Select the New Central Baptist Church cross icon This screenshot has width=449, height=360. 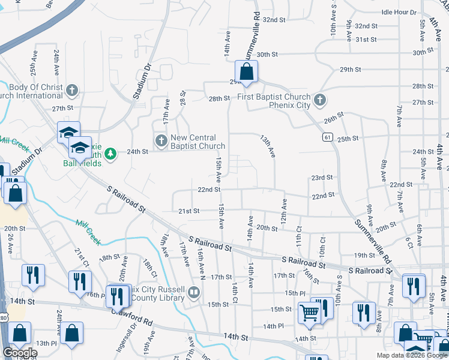[161, 140]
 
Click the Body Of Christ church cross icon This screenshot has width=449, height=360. [72, 91]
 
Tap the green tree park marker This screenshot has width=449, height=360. [110, 154]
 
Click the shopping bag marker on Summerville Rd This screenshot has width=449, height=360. [246, 72]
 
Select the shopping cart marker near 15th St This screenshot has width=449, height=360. [309, 312]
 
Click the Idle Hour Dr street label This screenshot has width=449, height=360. [399, 12]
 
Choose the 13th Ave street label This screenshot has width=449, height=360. [267, 146]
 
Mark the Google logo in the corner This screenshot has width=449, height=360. [20, 352]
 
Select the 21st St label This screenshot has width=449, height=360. [188, 211]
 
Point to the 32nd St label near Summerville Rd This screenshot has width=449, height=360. [274, 20]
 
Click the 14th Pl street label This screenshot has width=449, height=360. [273, 326]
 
